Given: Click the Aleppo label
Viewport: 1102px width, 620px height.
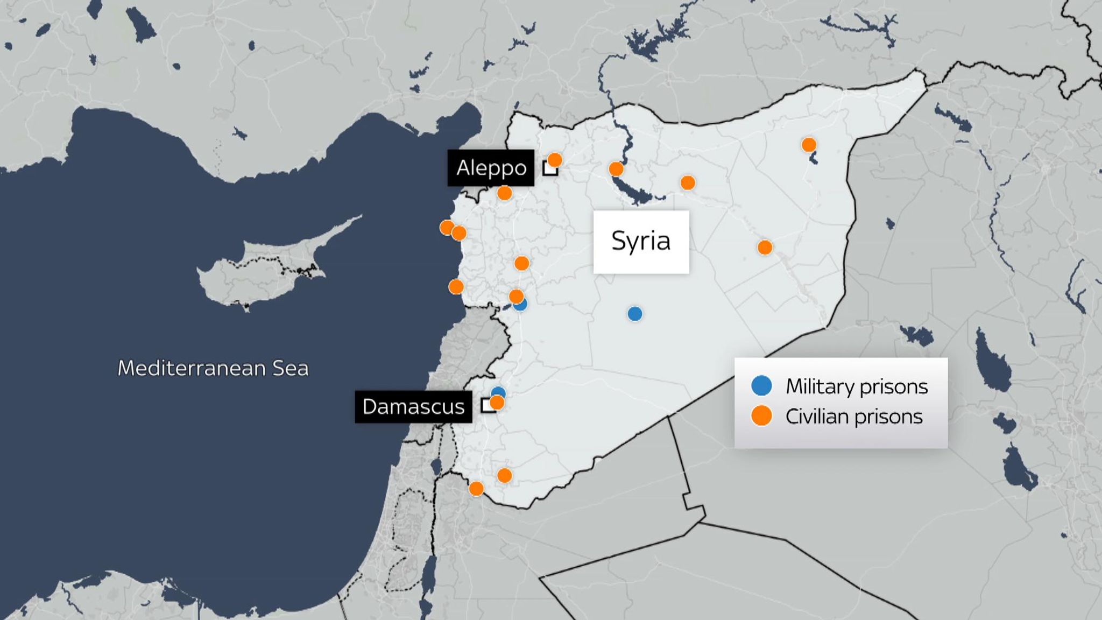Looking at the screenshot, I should pyautogui.click(x=491, y=168).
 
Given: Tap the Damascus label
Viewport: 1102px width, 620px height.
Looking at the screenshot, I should pyautogui.click(x=413, y=406).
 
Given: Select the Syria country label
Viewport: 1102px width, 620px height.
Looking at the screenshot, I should pyautogui.click(x=641, y=241).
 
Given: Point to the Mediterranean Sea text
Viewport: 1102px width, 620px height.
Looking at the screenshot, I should pyautogui.click(x=213, y=368).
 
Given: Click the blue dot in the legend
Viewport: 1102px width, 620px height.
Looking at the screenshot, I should pyautogui.click(x=761, y=385).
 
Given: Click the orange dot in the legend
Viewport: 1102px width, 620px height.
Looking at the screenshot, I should pyautogui.click(x=761, y=416).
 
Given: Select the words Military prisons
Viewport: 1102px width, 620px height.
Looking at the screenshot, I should pyautogui.click(x=857, y=386).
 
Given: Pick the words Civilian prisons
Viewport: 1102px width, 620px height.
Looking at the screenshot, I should pyautogui.click(x=854, y=417).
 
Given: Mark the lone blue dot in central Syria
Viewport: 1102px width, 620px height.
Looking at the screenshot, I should pyautogui.click(x=635, y=314).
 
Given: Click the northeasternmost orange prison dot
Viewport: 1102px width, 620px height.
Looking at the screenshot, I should pyautogui.click(x=809, y=145).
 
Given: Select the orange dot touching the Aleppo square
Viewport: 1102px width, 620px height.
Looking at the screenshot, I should pyautogui.click(x=555, y=160).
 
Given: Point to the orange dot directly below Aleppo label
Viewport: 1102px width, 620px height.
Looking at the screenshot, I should pyautogui.click(x=504, y=193).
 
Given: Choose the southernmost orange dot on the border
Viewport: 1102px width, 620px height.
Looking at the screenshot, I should pyautogui.click(x=476, y=489).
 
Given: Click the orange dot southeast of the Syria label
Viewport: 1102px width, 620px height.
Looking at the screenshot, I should pyautogui.click(x=765, y=248).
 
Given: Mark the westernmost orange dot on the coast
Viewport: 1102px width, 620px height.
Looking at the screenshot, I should pyautogui.click(x=447, y=228).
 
